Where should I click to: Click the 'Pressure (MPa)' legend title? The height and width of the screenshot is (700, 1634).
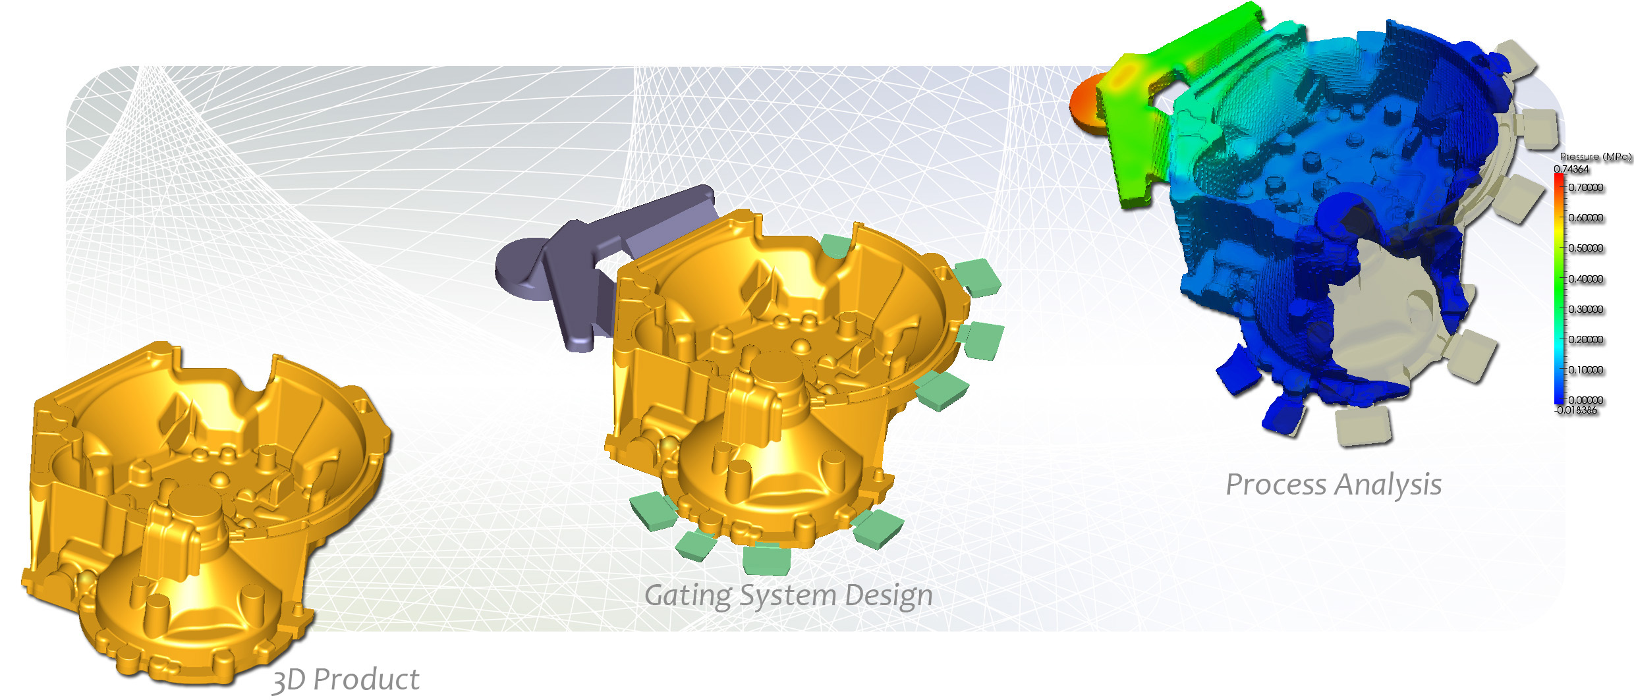pos(1595,157)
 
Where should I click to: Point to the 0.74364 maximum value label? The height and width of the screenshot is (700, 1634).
pos(1571,169)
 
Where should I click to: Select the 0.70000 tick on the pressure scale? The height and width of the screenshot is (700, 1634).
pos(1586,188)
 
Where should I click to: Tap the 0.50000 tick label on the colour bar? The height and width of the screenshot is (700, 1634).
pos(1586,248)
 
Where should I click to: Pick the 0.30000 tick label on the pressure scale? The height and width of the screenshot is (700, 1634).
pos(1586,310)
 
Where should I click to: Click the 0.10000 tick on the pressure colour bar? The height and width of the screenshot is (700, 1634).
pos(1586,370)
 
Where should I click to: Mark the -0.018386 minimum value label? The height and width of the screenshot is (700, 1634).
pos(1576,410)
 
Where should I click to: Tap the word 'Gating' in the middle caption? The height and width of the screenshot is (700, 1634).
pos(688,596)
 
